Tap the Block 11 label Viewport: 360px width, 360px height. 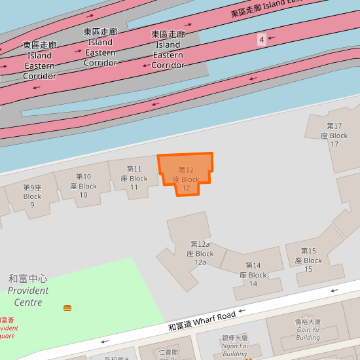pyautogui.click(x=134, y=178)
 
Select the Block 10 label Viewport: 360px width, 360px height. pyautogui.click(x=83, y=185)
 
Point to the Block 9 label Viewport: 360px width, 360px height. pyautogui.click(x=32, y=196)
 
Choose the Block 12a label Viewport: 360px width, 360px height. pyautogui.click(x=200, y=253)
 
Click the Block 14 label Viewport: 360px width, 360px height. pyautogui.click(x=253, y=274)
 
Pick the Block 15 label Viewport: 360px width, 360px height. pyautogui.click(x=308, y=260)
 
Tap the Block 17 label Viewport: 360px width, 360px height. pyautogui.click(x=334, y=135)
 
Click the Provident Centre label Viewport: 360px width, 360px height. pyautogui.click(x=28, y=290)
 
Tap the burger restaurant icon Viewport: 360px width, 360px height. pyautogui.click(x=67, y=308)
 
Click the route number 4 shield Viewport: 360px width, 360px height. pyautogui.click(x=262, y=40)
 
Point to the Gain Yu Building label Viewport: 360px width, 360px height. pyautogui.click(x=308, y=329)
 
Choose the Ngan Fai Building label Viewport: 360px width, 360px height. pyautogui.click(x=234, y=346)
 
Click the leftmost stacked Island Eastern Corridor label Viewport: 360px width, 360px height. pyautogui.click(x=39, y=60)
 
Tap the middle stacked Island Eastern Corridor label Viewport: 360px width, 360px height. pyautogui.click(x=100, y=47)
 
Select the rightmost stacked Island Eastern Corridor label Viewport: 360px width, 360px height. pyautogui.click(x=168, y=49)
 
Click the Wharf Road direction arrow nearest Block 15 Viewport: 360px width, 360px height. pyautogui.click(x=335, y=289)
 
